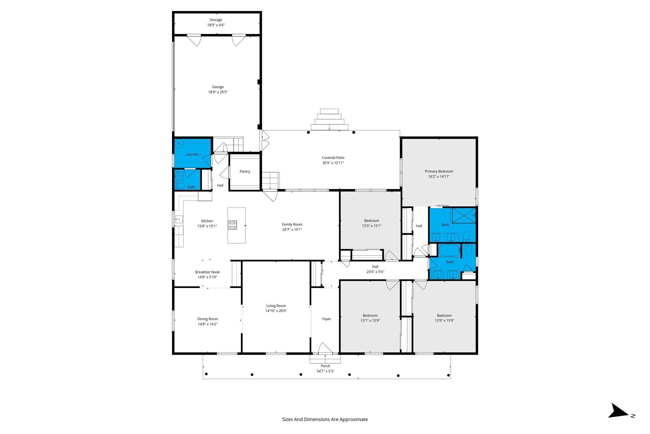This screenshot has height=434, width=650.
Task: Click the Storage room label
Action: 216,20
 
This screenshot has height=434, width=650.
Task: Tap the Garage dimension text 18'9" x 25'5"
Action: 218,92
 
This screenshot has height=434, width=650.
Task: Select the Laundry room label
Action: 192,154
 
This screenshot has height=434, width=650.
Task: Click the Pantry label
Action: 245,172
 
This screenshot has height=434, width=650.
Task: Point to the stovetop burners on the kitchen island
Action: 232,225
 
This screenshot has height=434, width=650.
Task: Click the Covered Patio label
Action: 333,158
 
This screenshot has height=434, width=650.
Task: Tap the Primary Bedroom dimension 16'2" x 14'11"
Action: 439,177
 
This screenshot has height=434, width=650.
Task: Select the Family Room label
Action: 292,224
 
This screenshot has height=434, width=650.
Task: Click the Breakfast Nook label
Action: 207,272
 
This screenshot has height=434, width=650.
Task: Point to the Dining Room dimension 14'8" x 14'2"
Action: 208,324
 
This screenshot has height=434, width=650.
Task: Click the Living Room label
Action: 276,306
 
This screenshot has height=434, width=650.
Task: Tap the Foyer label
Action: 327,319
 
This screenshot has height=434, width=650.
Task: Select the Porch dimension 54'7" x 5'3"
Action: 325,371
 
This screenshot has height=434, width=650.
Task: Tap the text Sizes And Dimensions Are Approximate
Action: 325,419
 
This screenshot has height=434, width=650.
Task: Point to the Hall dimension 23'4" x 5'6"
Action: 375,272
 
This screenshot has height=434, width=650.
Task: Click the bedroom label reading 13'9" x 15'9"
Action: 444,321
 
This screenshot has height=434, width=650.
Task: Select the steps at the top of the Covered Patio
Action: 329,119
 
